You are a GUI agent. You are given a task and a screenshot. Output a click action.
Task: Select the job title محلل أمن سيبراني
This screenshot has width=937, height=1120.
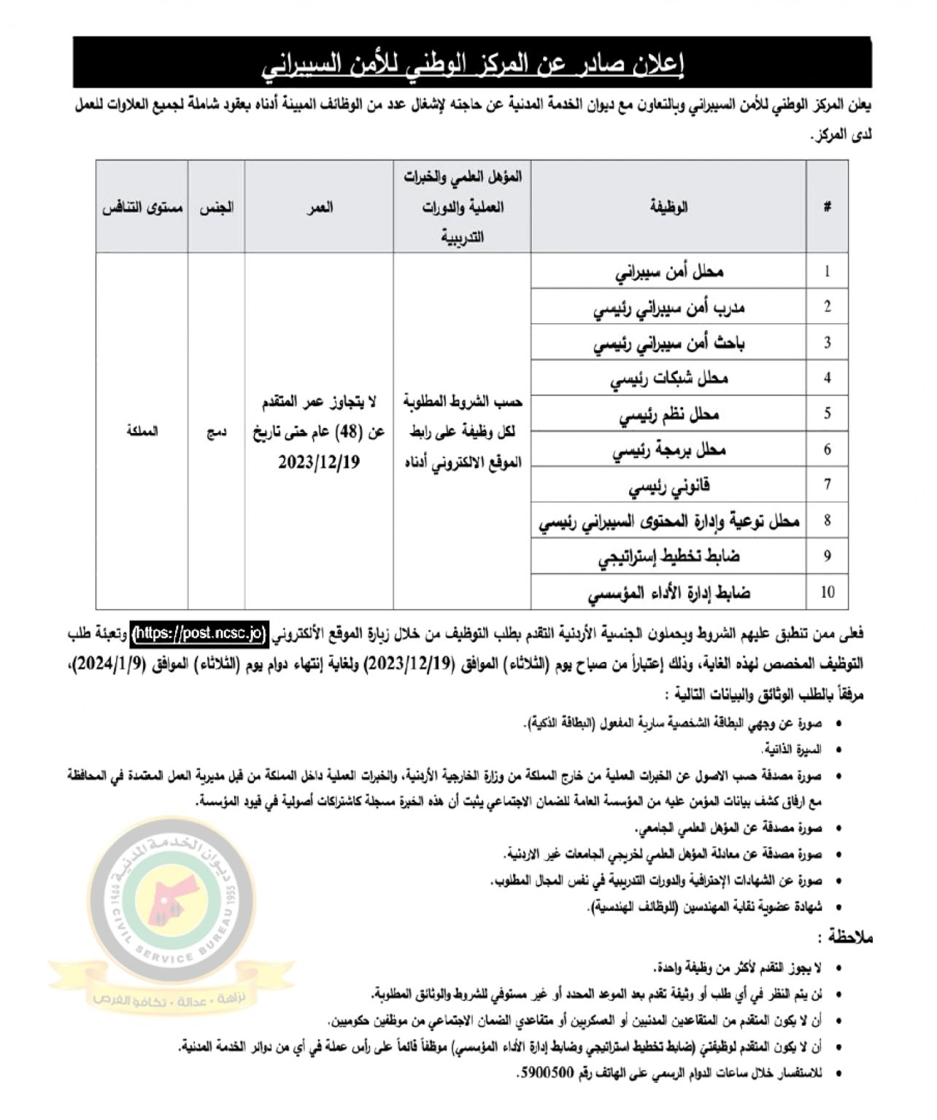pos(669,272)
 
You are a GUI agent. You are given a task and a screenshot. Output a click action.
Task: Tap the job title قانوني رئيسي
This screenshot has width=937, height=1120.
pos(669,486)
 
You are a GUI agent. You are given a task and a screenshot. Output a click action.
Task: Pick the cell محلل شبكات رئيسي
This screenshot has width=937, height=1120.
pos(669,378)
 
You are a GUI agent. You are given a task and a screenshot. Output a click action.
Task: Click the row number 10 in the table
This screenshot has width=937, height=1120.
pos(827,592)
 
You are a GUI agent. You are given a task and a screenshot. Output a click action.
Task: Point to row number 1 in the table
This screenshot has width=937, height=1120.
pos(827,272)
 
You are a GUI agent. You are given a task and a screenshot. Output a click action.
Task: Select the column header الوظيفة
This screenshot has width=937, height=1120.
pos(668,207)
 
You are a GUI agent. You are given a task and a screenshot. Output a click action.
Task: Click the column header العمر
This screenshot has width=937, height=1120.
pos(319,207)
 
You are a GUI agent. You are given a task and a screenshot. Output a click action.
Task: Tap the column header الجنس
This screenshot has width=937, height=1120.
pos(216,207)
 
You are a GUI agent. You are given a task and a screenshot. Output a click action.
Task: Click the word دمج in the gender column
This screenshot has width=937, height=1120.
pos(216,432)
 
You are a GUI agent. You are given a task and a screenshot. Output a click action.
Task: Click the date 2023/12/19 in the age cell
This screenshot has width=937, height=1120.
pos(319,463)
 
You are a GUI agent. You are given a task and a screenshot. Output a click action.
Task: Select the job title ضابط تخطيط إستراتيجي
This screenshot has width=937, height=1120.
pos(669,556)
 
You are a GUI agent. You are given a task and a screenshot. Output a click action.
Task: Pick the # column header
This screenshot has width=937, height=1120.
pos(827,207)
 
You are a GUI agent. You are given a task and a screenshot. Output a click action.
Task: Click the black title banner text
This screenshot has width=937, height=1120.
pos(472,64)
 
